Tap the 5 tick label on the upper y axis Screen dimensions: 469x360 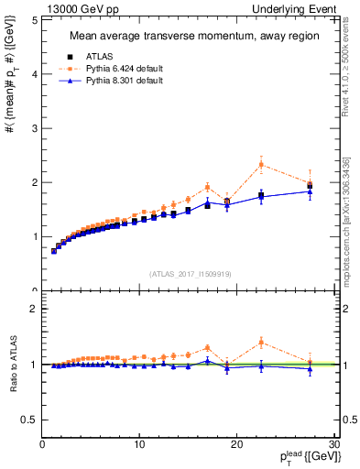(33, 20)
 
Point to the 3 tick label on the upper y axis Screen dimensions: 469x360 (33, 128)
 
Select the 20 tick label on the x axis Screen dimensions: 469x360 (237, 445)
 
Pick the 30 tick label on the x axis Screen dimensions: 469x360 (334, 445)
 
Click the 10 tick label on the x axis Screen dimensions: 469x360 (139, 445)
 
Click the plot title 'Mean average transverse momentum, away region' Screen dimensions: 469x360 (188, 37)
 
